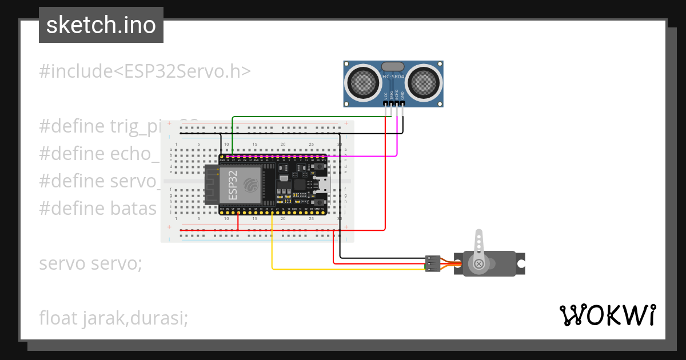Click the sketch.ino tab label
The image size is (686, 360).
(101, 25)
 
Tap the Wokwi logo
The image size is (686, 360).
(607, 315)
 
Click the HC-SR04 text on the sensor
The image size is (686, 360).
(393, 77)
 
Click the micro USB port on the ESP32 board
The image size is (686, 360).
(324, 184)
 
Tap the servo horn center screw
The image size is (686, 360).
(478, 263)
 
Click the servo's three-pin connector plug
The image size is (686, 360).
(432, 263)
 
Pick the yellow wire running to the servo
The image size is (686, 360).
(343, 269)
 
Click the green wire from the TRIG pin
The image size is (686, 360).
(309, 117)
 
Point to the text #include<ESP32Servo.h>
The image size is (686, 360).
(145, 71)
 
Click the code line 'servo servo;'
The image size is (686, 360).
(90, 264)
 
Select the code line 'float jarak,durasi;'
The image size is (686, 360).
(113, 317)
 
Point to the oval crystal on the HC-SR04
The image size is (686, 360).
(393, 67)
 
